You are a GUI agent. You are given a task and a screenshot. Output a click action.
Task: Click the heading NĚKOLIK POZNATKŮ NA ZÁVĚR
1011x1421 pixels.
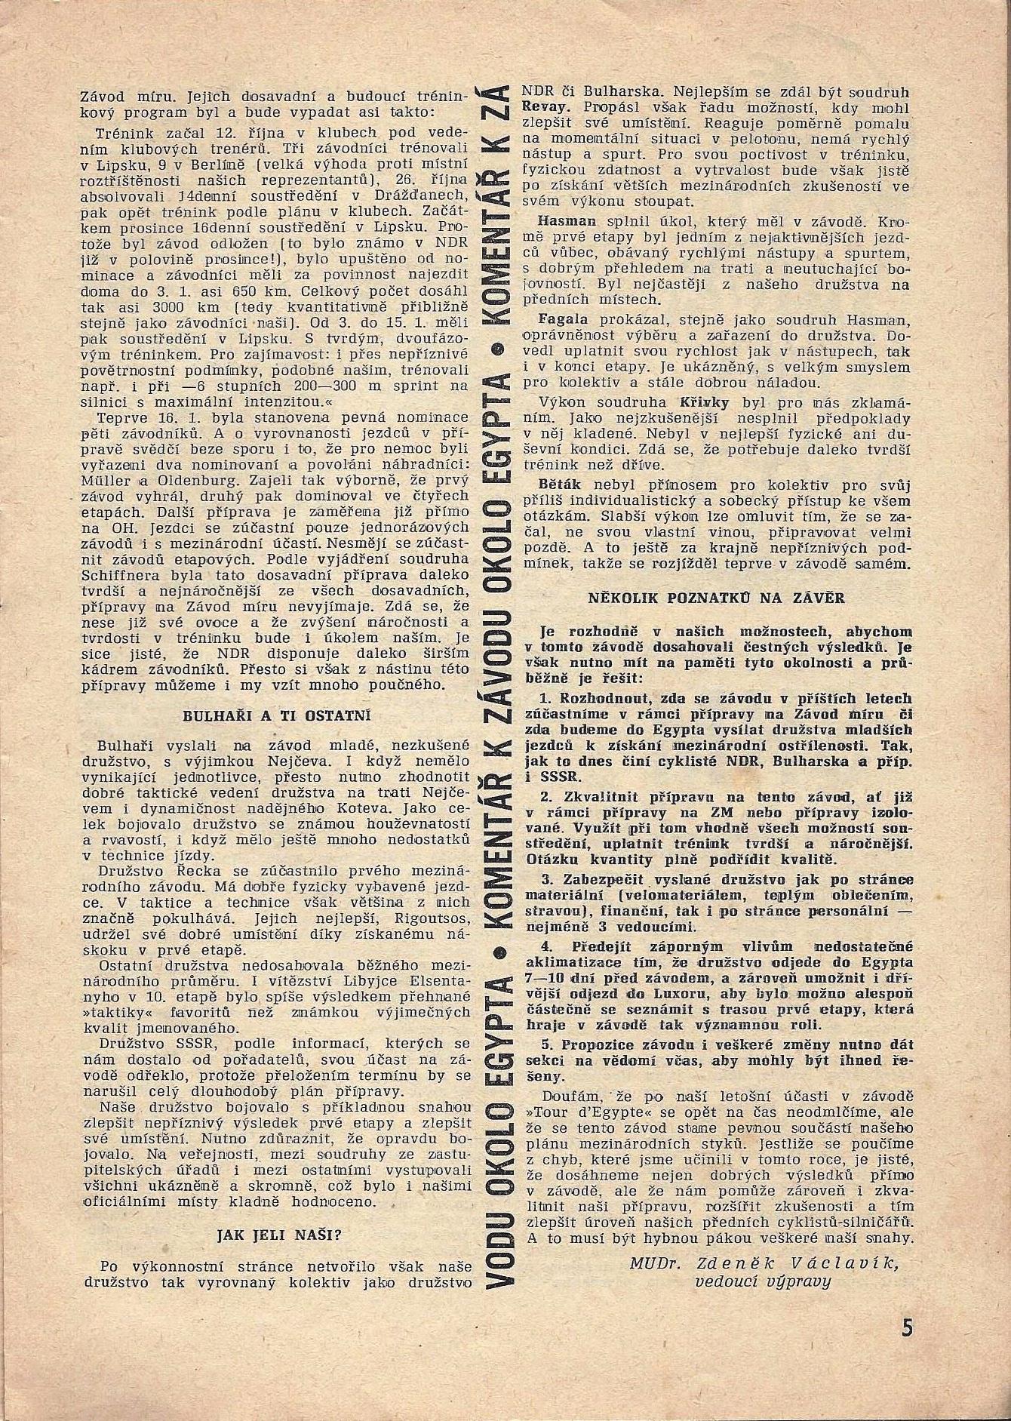point(717,598)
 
